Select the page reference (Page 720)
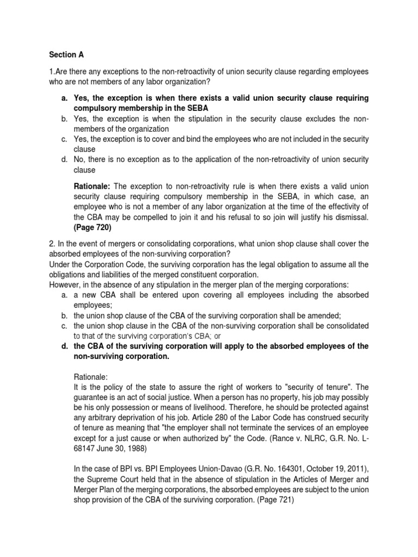tap(93, 228)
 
